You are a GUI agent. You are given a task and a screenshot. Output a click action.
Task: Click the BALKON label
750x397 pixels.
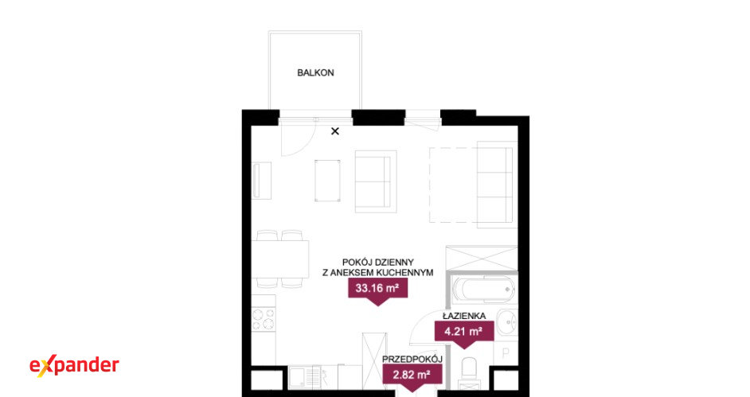(x=316, y=72)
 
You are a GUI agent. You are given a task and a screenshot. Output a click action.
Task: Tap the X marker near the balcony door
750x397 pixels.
(x=335, y=131)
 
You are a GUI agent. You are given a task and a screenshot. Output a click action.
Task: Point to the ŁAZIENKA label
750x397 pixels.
(x=464, y=316)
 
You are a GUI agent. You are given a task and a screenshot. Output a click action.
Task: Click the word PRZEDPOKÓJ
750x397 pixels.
(x=412, y=360)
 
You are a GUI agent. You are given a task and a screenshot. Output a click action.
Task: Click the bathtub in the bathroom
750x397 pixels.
(x=483, y=289)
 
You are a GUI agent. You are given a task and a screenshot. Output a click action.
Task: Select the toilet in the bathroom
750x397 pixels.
(x=470, y=372)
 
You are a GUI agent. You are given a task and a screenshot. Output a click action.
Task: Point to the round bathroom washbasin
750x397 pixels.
(x=507, y=321)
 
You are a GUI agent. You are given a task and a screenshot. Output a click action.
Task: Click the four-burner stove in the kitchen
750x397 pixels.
(x=264, y=319)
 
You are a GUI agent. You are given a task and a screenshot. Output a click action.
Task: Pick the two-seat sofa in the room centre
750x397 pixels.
(x=376, y=181)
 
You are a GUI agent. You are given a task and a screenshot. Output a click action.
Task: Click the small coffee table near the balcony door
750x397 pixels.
(x=328, y=181)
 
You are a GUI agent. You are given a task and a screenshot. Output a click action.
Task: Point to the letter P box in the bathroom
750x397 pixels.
(x=505, y=353)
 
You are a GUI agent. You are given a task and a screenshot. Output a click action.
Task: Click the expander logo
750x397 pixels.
(x=74, y=366)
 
